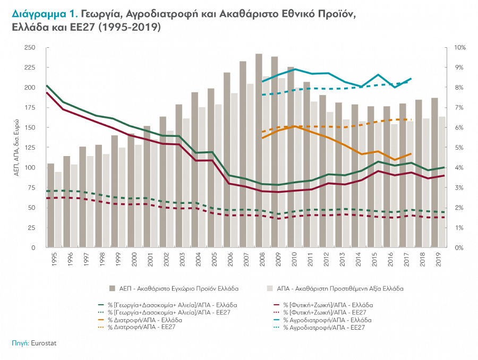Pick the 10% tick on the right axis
pos(460,48)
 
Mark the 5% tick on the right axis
pos(459,148)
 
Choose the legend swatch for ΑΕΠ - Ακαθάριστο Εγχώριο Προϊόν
pos(112,289)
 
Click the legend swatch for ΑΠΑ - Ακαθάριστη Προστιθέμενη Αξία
pos(269,289)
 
